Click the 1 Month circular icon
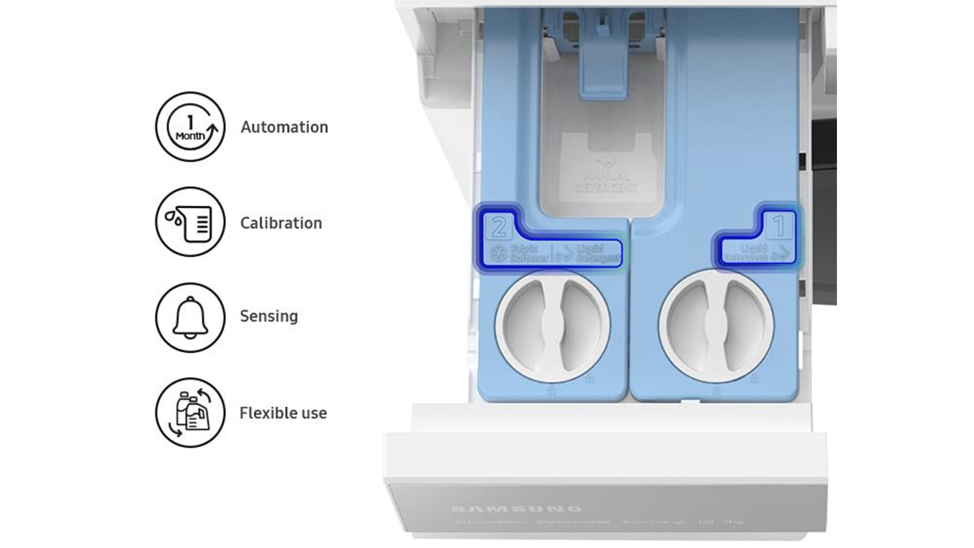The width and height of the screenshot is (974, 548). point(190,127)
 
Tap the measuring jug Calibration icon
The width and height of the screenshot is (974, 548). point(190,222)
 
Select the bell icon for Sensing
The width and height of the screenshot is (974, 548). point(190,318)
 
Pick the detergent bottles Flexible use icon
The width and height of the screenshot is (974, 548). point(190,412)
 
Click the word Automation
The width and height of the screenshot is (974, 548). point(284,127)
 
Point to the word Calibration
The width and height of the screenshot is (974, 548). point(281,223)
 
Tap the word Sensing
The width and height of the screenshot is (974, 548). point(269,316)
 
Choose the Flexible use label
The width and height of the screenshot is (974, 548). point(283,413)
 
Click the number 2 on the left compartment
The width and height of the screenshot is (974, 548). point(499,227)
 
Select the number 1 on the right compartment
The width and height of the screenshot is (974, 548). point(779,226)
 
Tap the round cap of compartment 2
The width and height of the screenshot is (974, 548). point(553,325)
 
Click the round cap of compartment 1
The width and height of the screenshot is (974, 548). point(716,325)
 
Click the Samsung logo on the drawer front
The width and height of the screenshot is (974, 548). point(516,508)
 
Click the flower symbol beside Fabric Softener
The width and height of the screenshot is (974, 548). point(499,254)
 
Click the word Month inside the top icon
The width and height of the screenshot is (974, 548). point(190,136)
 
